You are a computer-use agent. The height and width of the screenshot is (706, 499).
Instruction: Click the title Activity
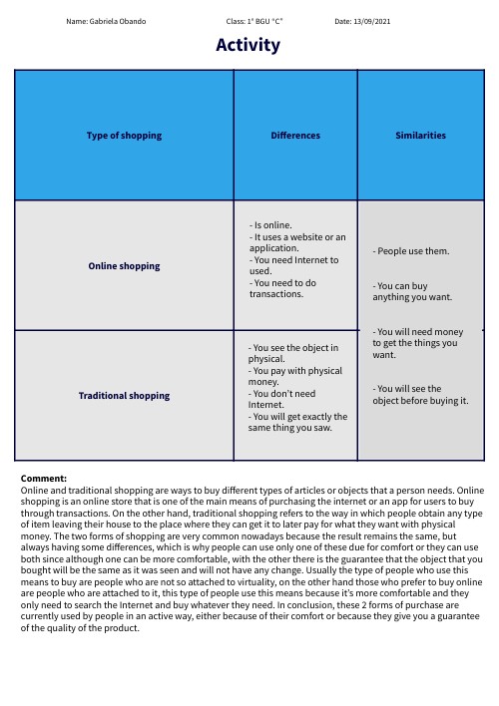coord(249,45)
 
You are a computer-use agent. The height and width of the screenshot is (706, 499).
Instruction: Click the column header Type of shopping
coord(124,135)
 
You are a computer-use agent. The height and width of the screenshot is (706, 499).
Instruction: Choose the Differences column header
coord(294,135)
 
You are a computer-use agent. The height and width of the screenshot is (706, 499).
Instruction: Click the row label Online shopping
coord(124,266)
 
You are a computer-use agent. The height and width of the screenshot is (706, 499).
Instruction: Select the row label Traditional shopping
coord(124,396)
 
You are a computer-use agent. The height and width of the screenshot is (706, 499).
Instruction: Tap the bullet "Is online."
coord(272,225)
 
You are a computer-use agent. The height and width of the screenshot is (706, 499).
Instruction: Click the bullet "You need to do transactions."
coord(282,289)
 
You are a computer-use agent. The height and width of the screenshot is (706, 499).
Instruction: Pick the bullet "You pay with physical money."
coord(295,376)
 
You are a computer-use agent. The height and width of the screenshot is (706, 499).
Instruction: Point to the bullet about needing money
coord(417,342)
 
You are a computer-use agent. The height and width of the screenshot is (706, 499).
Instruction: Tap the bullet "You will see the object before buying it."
coord(419,394)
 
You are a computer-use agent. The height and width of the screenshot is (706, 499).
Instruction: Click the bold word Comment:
coord(43,479)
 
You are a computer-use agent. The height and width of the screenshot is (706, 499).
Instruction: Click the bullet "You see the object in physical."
coord(293,353)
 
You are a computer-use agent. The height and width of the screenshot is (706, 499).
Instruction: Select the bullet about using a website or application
coord(297,242)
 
